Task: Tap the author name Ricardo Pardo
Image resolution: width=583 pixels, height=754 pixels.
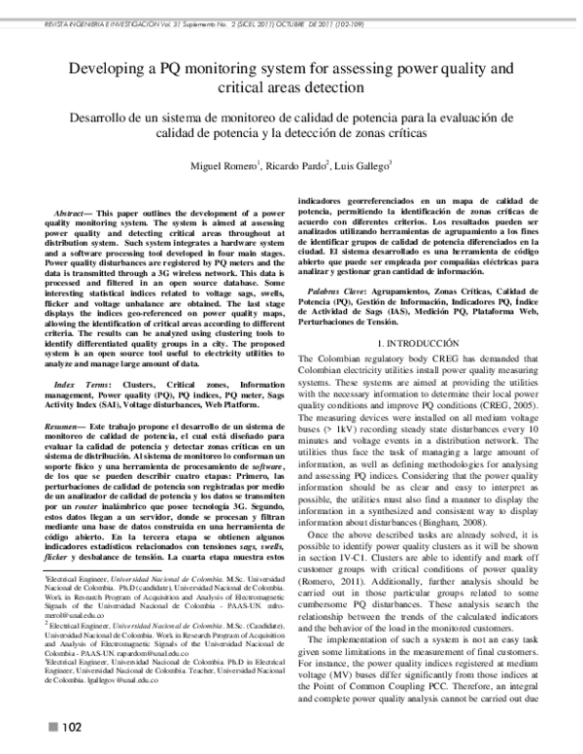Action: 300,166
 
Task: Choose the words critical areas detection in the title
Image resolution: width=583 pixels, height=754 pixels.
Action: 291,88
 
